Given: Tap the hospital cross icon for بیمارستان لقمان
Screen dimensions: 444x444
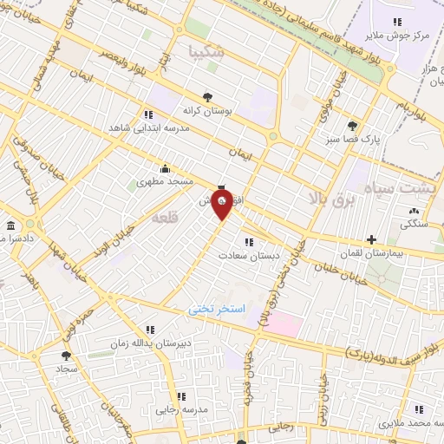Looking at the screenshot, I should point(371,239).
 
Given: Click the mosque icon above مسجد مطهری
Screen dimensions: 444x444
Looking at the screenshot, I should point(166,169).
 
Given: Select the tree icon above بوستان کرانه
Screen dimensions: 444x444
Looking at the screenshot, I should point(206,97).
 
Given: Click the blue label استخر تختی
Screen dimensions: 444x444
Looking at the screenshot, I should point(218,309).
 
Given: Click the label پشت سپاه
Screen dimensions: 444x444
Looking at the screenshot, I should point(404,187).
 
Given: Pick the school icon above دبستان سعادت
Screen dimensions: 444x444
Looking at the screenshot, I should point(249,242).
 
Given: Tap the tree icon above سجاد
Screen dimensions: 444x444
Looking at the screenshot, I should point(66,355).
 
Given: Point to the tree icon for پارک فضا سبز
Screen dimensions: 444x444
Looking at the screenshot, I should point(351,126).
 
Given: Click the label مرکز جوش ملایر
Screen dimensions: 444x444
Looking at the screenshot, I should point(397,36).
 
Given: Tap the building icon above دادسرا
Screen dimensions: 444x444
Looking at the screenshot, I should point(10,225).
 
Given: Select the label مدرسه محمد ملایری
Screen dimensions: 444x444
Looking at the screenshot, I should point(409,423).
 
